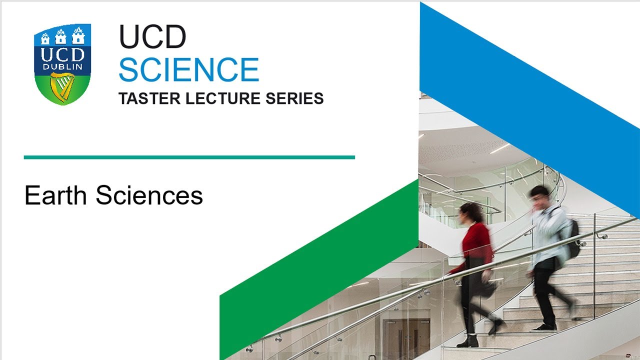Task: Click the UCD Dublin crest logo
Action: click(62, 63)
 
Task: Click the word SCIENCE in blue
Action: click(188, 69)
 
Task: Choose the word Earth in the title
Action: click(55, 195)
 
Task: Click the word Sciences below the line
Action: click(149, 195)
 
